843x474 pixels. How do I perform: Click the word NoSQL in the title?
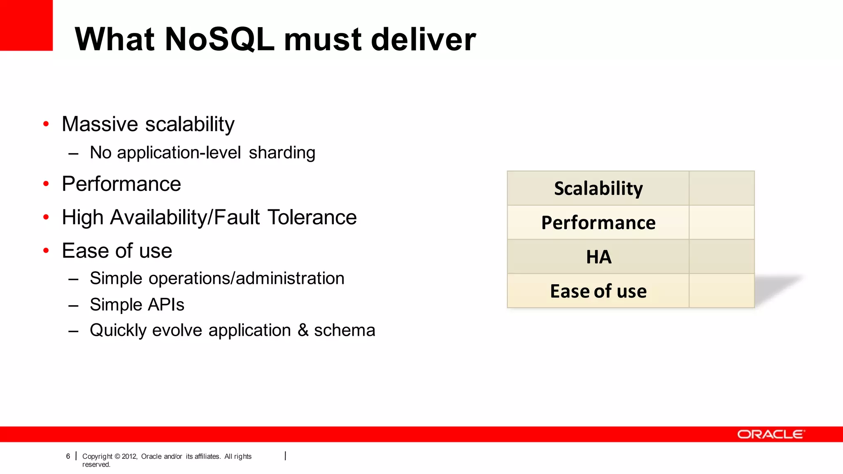(219, 39)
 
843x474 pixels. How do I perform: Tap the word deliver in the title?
(424, 39)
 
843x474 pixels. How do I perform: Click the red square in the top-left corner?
(26, 25)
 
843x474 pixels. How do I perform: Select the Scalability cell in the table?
(598, 188)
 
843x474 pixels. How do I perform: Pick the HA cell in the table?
(598, 257)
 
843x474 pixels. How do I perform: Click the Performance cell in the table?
(598, 223)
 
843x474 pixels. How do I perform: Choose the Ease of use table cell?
(598, 291)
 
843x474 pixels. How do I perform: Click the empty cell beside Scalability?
(722, 188)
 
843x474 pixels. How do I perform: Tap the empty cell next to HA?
(722, 257)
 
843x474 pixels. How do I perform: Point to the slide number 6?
(68, 456)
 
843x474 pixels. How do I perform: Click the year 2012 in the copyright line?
(129, 456)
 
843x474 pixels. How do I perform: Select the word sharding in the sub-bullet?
(282, 153)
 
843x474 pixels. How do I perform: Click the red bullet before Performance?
(46, 184)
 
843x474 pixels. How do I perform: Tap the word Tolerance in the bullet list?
(312, 217)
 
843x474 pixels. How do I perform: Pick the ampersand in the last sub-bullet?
(303, 330)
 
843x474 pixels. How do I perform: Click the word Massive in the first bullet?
(100, 124)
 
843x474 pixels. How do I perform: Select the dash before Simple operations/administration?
(74, 279)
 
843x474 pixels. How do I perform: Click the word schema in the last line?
(345, 330)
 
